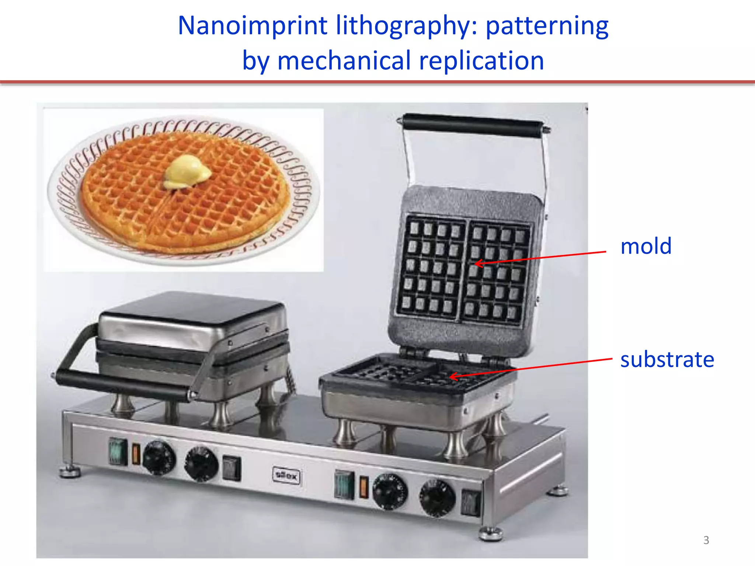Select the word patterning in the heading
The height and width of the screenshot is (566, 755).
547,27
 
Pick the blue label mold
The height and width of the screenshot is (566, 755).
646,246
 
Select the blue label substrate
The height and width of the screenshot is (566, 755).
667,360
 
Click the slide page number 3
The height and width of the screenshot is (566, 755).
706,540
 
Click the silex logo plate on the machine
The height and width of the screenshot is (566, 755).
286,476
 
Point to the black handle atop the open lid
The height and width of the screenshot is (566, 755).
473,125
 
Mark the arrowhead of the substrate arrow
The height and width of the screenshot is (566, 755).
451,377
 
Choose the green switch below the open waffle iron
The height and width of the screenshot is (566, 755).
344,485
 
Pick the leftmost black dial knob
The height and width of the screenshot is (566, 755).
159,458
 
